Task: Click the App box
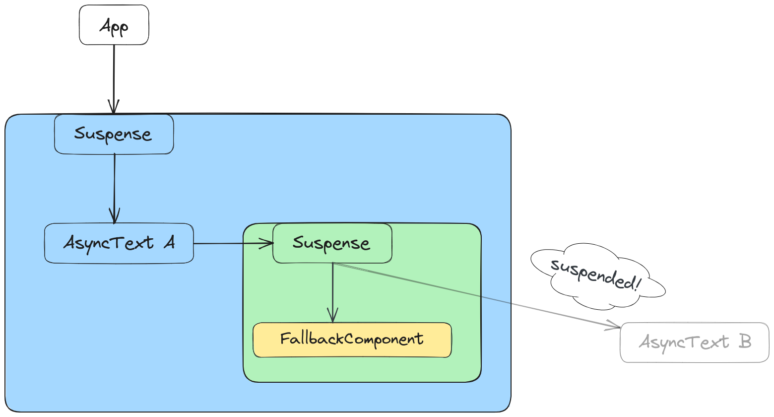click(114, 25)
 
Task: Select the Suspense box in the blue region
click(114, 134)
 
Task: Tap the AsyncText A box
click(119, 243)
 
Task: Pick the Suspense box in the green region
click(332, 243)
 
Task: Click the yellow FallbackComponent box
click(352, 340)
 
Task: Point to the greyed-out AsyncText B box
click(695, 343)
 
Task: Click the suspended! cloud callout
click(595, 276)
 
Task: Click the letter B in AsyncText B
click(744, 342)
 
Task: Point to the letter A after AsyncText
click(169, 242)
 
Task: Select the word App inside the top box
click(114, 26)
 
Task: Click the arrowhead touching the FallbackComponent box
click(332, 317)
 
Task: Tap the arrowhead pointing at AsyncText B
click(614, 326)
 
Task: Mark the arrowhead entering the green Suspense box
click(268, 243)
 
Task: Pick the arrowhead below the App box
click(114, 107)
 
